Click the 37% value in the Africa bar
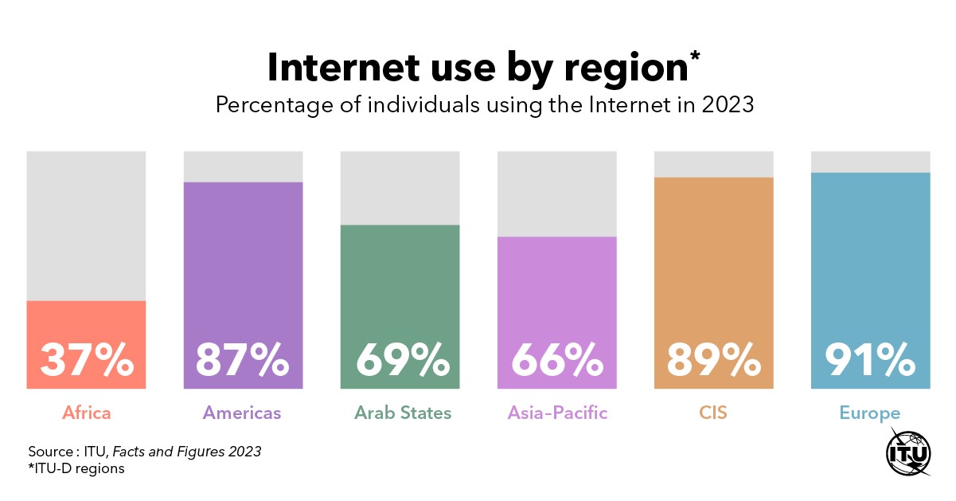86,360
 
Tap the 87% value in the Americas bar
243,360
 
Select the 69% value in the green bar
400,360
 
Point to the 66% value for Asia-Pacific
556,360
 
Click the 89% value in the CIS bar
713,360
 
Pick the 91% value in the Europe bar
870,360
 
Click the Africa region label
86,413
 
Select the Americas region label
242,413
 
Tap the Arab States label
403,413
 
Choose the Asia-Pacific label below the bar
557,413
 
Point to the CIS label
713,413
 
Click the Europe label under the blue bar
869,413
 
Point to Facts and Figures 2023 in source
186,452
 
